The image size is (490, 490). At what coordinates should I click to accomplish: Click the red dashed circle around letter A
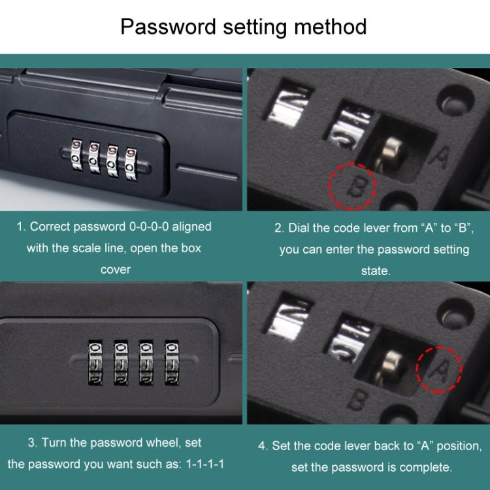click(439, 369)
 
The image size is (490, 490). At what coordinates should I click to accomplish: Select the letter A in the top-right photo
click(442, 157)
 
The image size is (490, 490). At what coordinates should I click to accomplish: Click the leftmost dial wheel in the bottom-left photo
click(94, 361)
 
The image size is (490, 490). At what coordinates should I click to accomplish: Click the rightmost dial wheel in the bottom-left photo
click(172, 361)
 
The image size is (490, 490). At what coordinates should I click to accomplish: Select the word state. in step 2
click(375, 270)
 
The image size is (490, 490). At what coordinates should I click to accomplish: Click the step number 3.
click(31, 443)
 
